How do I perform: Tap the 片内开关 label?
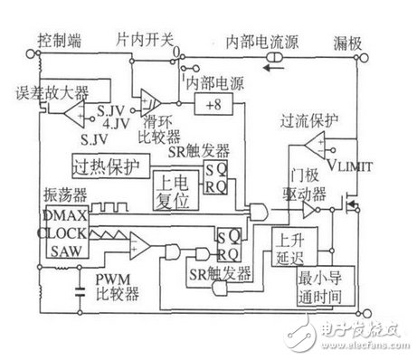tap(146, 42)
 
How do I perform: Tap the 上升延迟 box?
tap(289, 248)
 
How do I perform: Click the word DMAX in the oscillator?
tap(62, 216)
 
